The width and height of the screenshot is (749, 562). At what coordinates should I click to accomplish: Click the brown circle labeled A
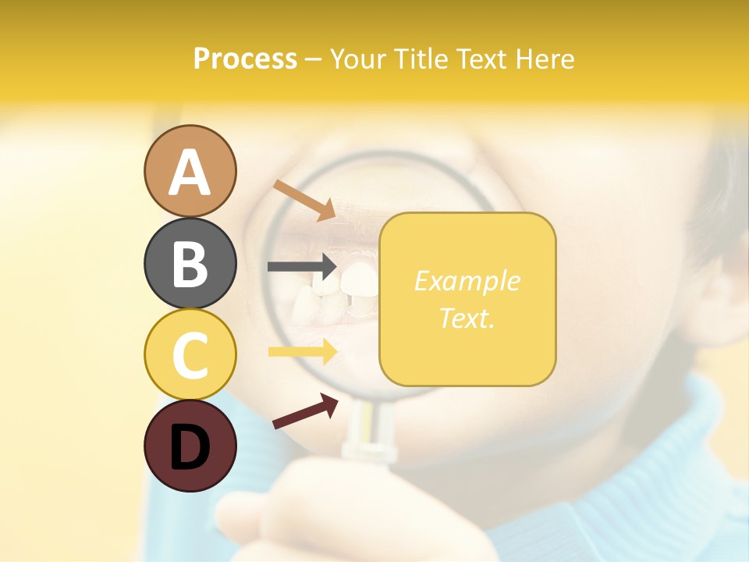[x=190, y=171]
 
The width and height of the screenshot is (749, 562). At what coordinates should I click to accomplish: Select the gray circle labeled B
[x=190, y=263]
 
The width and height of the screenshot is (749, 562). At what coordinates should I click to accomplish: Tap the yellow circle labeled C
[x=190, y=354]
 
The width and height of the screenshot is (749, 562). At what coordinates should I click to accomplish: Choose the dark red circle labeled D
[x=190, y=446]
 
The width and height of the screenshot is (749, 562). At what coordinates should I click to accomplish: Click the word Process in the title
[x=245, y=59]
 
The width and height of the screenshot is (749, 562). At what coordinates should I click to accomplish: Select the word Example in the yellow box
[x=467, y=281]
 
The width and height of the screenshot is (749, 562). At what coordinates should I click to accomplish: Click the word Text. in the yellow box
[x=467, y=318]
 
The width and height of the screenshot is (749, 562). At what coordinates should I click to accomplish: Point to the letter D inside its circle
[x=190, y=447]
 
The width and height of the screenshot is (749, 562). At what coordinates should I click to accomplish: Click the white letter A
[x=190, y=173]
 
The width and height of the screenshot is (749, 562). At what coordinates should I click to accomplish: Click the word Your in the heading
[x=358, y=59]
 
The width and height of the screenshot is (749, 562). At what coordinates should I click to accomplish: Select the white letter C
[x=190, y=355]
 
